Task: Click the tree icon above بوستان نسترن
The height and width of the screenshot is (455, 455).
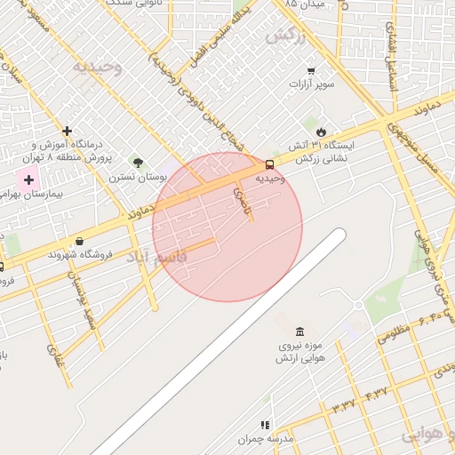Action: click(x=138, y=163)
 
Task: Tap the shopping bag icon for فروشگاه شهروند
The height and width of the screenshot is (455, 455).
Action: click(x=80, y=241)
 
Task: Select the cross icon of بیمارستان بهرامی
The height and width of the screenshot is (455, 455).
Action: click(x=28, y=180)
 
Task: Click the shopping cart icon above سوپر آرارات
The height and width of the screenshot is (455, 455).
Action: click(x=310, y=70)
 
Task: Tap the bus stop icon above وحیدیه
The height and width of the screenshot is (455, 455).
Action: click(x=269, y=164)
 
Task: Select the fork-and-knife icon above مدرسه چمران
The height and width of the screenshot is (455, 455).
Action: click(x=263, y=426)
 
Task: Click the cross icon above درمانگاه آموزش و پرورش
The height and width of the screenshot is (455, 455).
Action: click(x=67, y=131)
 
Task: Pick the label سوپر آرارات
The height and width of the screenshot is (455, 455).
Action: click(x=310, y=84)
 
